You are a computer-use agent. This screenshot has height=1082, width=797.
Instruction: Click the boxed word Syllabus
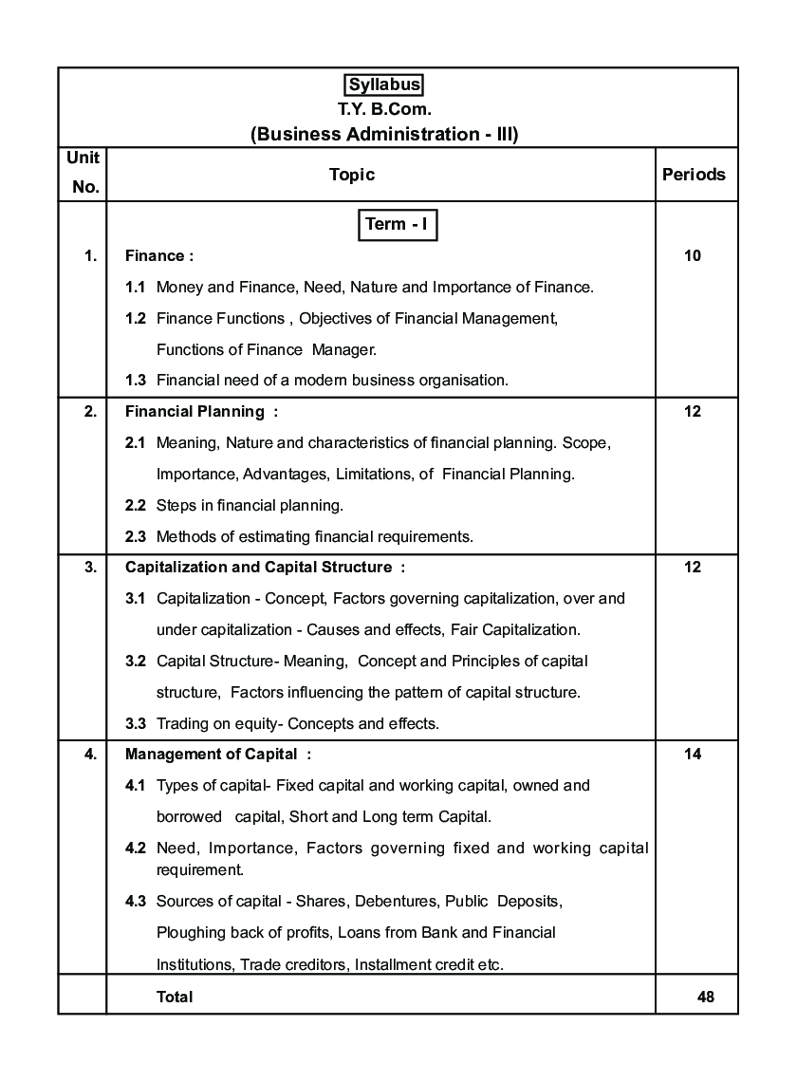[x=384, y=84]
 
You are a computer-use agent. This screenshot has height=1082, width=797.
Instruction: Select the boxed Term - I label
[x=398, y=225]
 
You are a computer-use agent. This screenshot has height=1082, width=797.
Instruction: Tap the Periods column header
[x=694, y=175]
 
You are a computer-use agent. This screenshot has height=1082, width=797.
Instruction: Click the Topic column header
[x=352, y=175]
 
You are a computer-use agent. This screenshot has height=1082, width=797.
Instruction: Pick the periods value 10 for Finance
[x=693, y=255]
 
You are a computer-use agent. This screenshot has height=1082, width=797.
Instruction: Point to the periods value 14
[x=693, y=755]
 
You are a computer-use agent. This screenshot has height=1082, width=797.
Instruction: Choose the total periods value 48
[x=704, y=997]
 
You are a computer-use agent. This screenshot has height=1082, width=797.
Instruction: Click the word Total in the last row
[x=175, y=997]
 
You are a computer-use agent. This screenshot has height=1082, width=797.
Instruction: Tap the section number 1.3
[x=136, y=381]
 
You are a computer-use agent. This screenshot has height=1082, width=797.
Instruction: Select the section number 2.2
[x=136, y=505]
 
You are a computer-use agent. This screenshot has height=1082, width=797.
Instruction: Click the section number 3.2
[x=136, y=661]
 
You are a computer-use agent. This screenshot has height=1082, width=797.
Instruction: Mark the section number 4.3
[x=136, y=901]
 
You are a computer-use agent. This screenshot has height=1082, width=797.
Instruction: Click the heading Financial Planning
[x=195, y=412]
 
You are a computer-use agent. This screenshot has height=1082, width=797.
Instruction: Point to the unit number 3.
[x=90, y=568]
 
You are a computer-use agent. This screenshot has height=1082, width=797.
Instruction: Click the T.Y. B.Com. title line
[x=384, y=109]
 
